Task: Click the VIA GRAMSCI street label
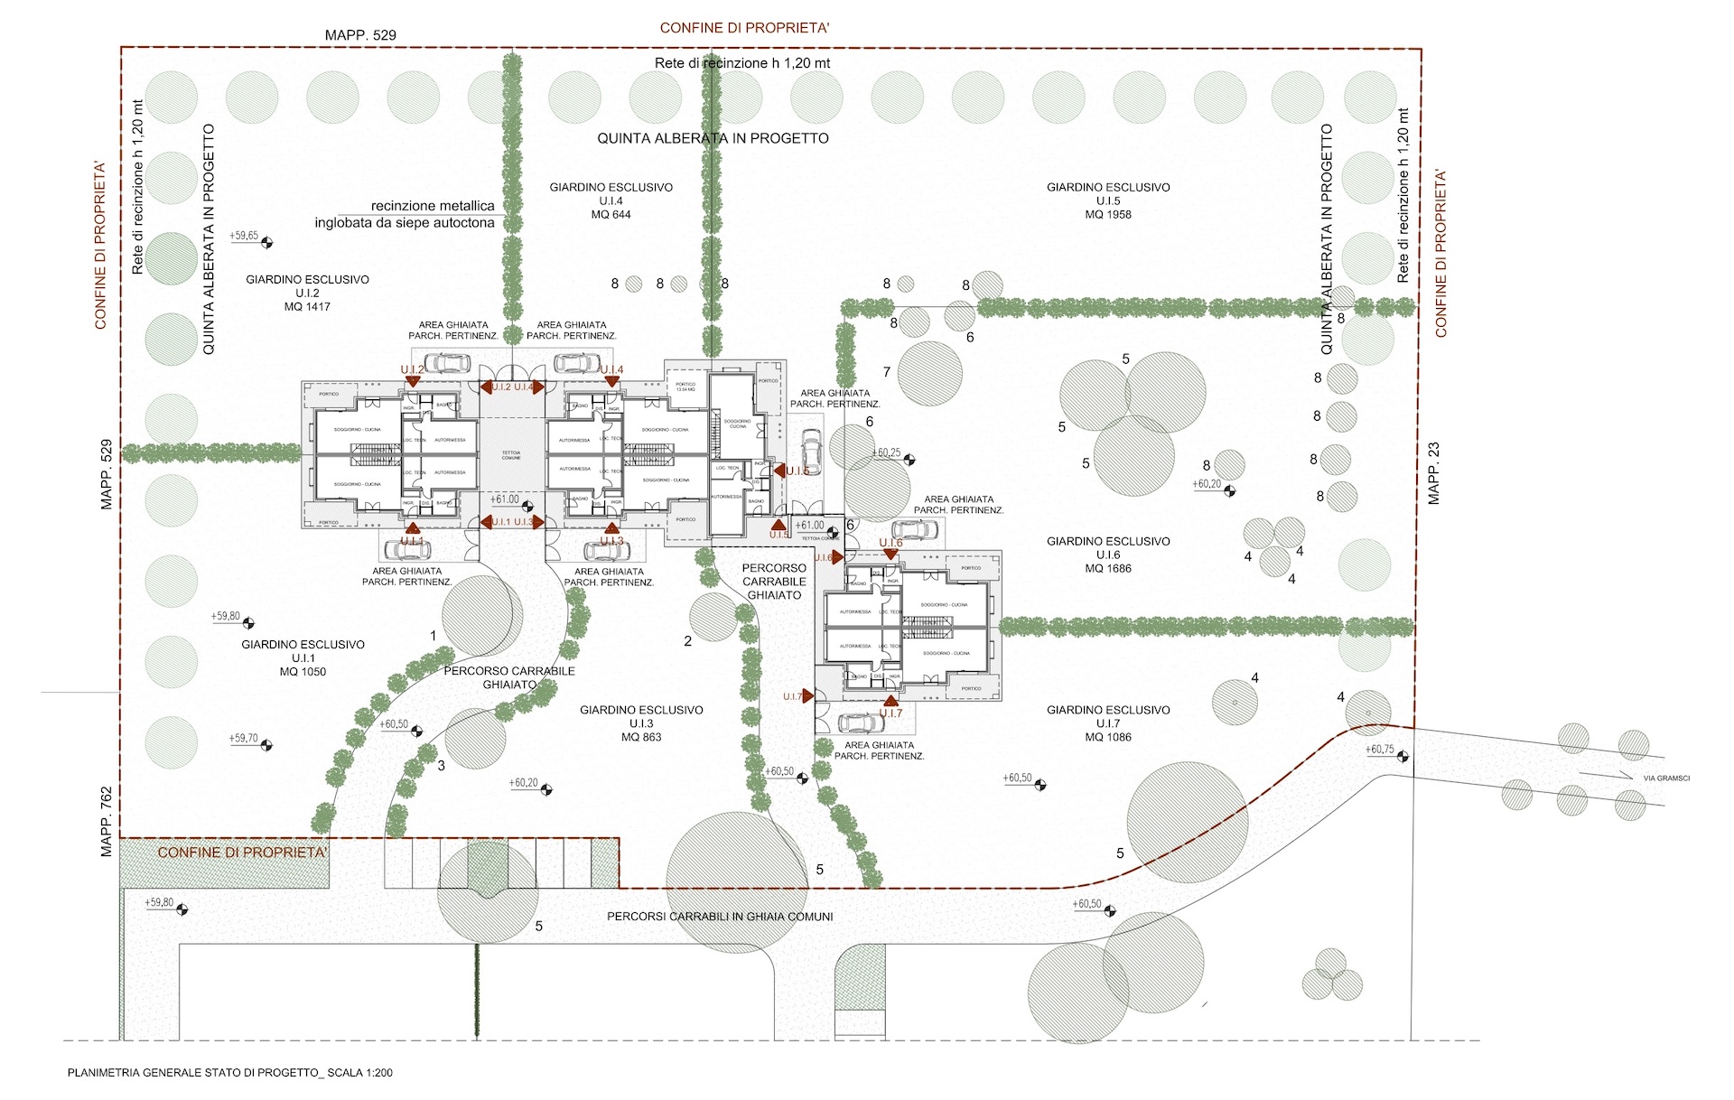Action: (x=1666, y=778)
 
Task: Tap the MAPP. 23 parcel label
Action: (x=1434, y=473)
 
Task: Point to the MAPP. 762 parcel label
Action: (x=107, y=821)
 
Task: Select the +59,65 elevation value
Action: (x=244, y=236)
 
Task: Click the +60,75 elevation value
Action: (x=1379, y=750)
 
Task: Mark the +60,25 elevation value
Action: (x=886, y=452)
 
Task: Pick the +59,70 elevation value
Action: (x=244, y=738)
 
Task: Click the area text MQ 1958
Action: (x=1108, y=215)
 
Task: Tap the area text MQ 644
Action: (x=611, y=215)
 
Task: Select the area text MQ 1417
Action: (x=307, y=307)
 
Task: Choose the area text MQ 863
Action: (x=641, y=737)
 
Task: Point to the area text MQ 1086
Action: (x=1108, y=737)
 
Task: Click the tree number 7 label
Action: (x=887, y=371)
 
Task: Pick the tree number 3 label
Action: (x=441, y=766)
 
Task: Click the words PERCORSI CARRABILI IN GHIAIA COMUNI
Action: (x=720, y=917)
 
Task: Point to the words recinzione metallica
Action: (x=433, y=206)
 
